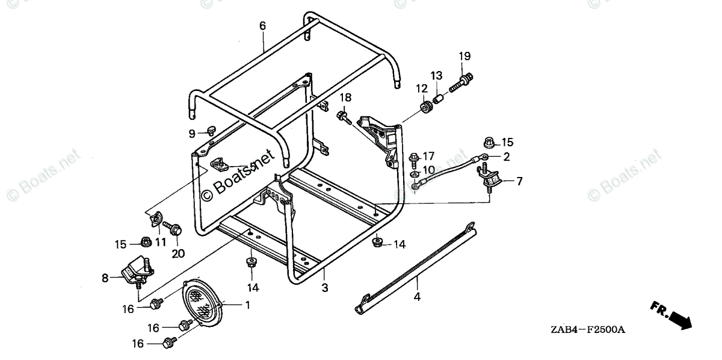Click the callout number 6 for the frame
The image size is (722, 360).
[262, 26]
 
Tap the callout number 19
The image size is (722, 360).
[464, 57]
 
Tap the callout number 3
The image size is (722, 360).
[324, 288]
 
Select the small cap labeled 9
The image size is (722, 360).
[211, 130]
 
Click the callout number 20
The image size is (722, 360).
[177, 253]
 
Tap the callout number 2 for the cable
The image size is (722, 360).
[506, 157]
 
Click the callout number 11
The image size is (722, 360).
[160, 242]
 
